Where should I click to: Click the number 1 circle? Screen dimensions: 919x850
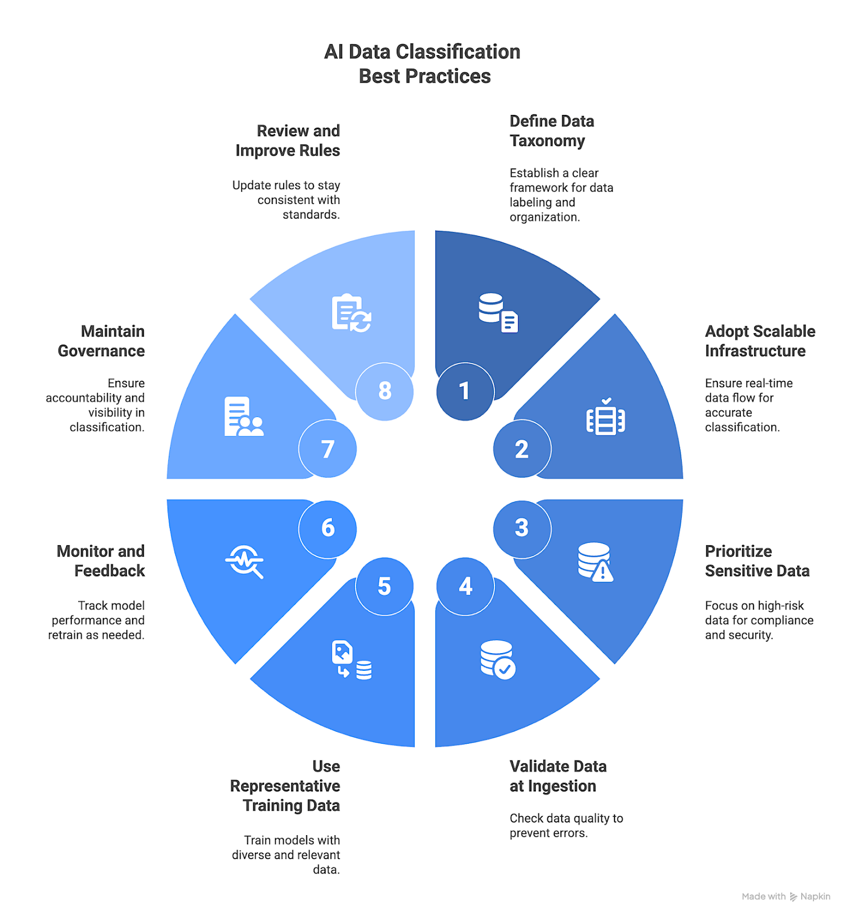coord(465,391)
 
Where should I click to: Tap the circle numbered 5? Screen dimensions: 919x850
coord(384,586)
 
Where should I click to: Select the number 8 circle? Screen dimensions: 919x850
coord(384,391)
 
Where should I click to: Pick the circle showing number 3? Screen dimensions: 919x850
coord(521,528)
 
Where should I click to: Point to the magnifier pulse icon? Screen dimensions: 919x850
coord(245,561)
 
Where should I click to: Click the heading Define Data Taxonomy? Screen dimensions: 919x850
coord(551,131)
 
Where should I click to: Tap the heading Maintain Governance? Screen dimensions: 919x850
coord(102,341)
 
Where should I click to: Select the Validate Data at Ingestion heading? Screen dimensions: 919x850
coord(558,776)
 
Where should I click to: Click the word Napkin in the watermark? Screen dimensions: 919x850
coord(815,897)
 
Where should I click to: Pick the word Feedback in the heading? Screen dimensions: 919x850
coord(110,571)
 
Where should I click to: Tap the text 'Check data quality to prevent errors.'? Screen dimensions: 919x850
coord(566,825)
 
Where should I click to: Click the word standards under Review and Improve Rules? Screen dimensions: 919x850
coord(310,215)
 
